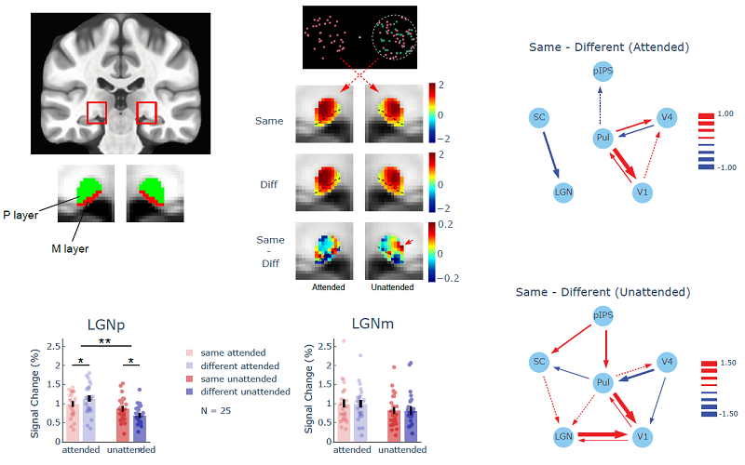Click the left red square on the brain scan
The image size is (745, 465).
point(97,113)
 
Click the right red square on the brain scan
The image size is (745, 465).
point(147,113)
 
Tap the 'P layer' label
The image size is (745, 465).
point(20,214)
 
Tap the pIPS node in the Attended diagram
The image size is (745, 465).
point(603,71)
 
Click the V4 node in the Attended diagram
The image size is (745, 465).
point(665,117)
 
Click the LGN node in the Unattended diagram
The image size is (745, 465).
point(562,434)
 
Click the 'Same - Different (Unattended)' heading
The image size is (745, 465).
point(603,292)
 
